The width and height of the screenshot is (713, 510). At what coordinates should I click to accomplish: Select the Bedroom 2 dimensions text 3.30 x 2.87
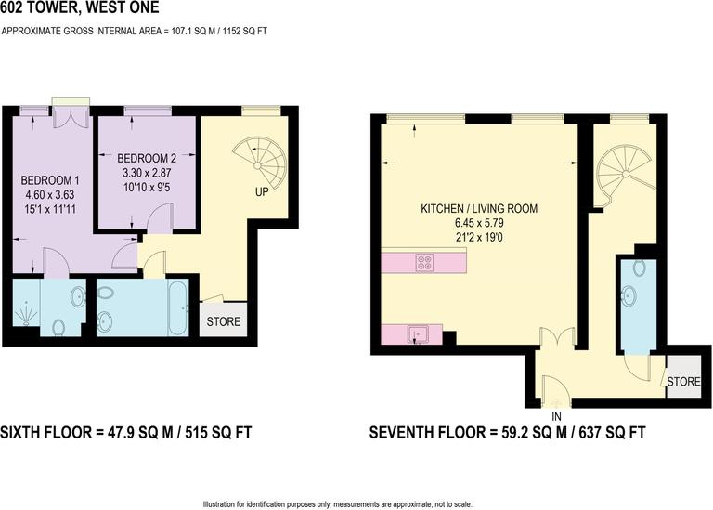coord(148,173)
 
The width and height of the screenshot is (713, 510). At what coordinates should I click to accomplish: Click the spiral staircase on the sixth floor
coord(260,163)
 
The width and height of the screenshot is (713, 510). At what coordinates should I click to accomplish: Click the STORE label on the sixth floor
coord(224,322)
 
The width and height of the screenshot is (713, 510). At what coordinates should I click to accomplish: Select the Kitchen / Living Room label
coord(479,209)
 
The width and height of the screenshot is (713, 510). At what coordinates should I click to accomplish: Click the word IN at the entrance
coord(557,416)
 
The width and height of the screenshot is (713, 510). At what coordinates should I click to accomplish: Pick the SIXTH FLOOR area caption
coord(125,433)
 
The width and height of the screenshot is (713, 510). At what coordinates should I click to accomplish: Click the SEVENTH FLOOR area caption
coord(507,433)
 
